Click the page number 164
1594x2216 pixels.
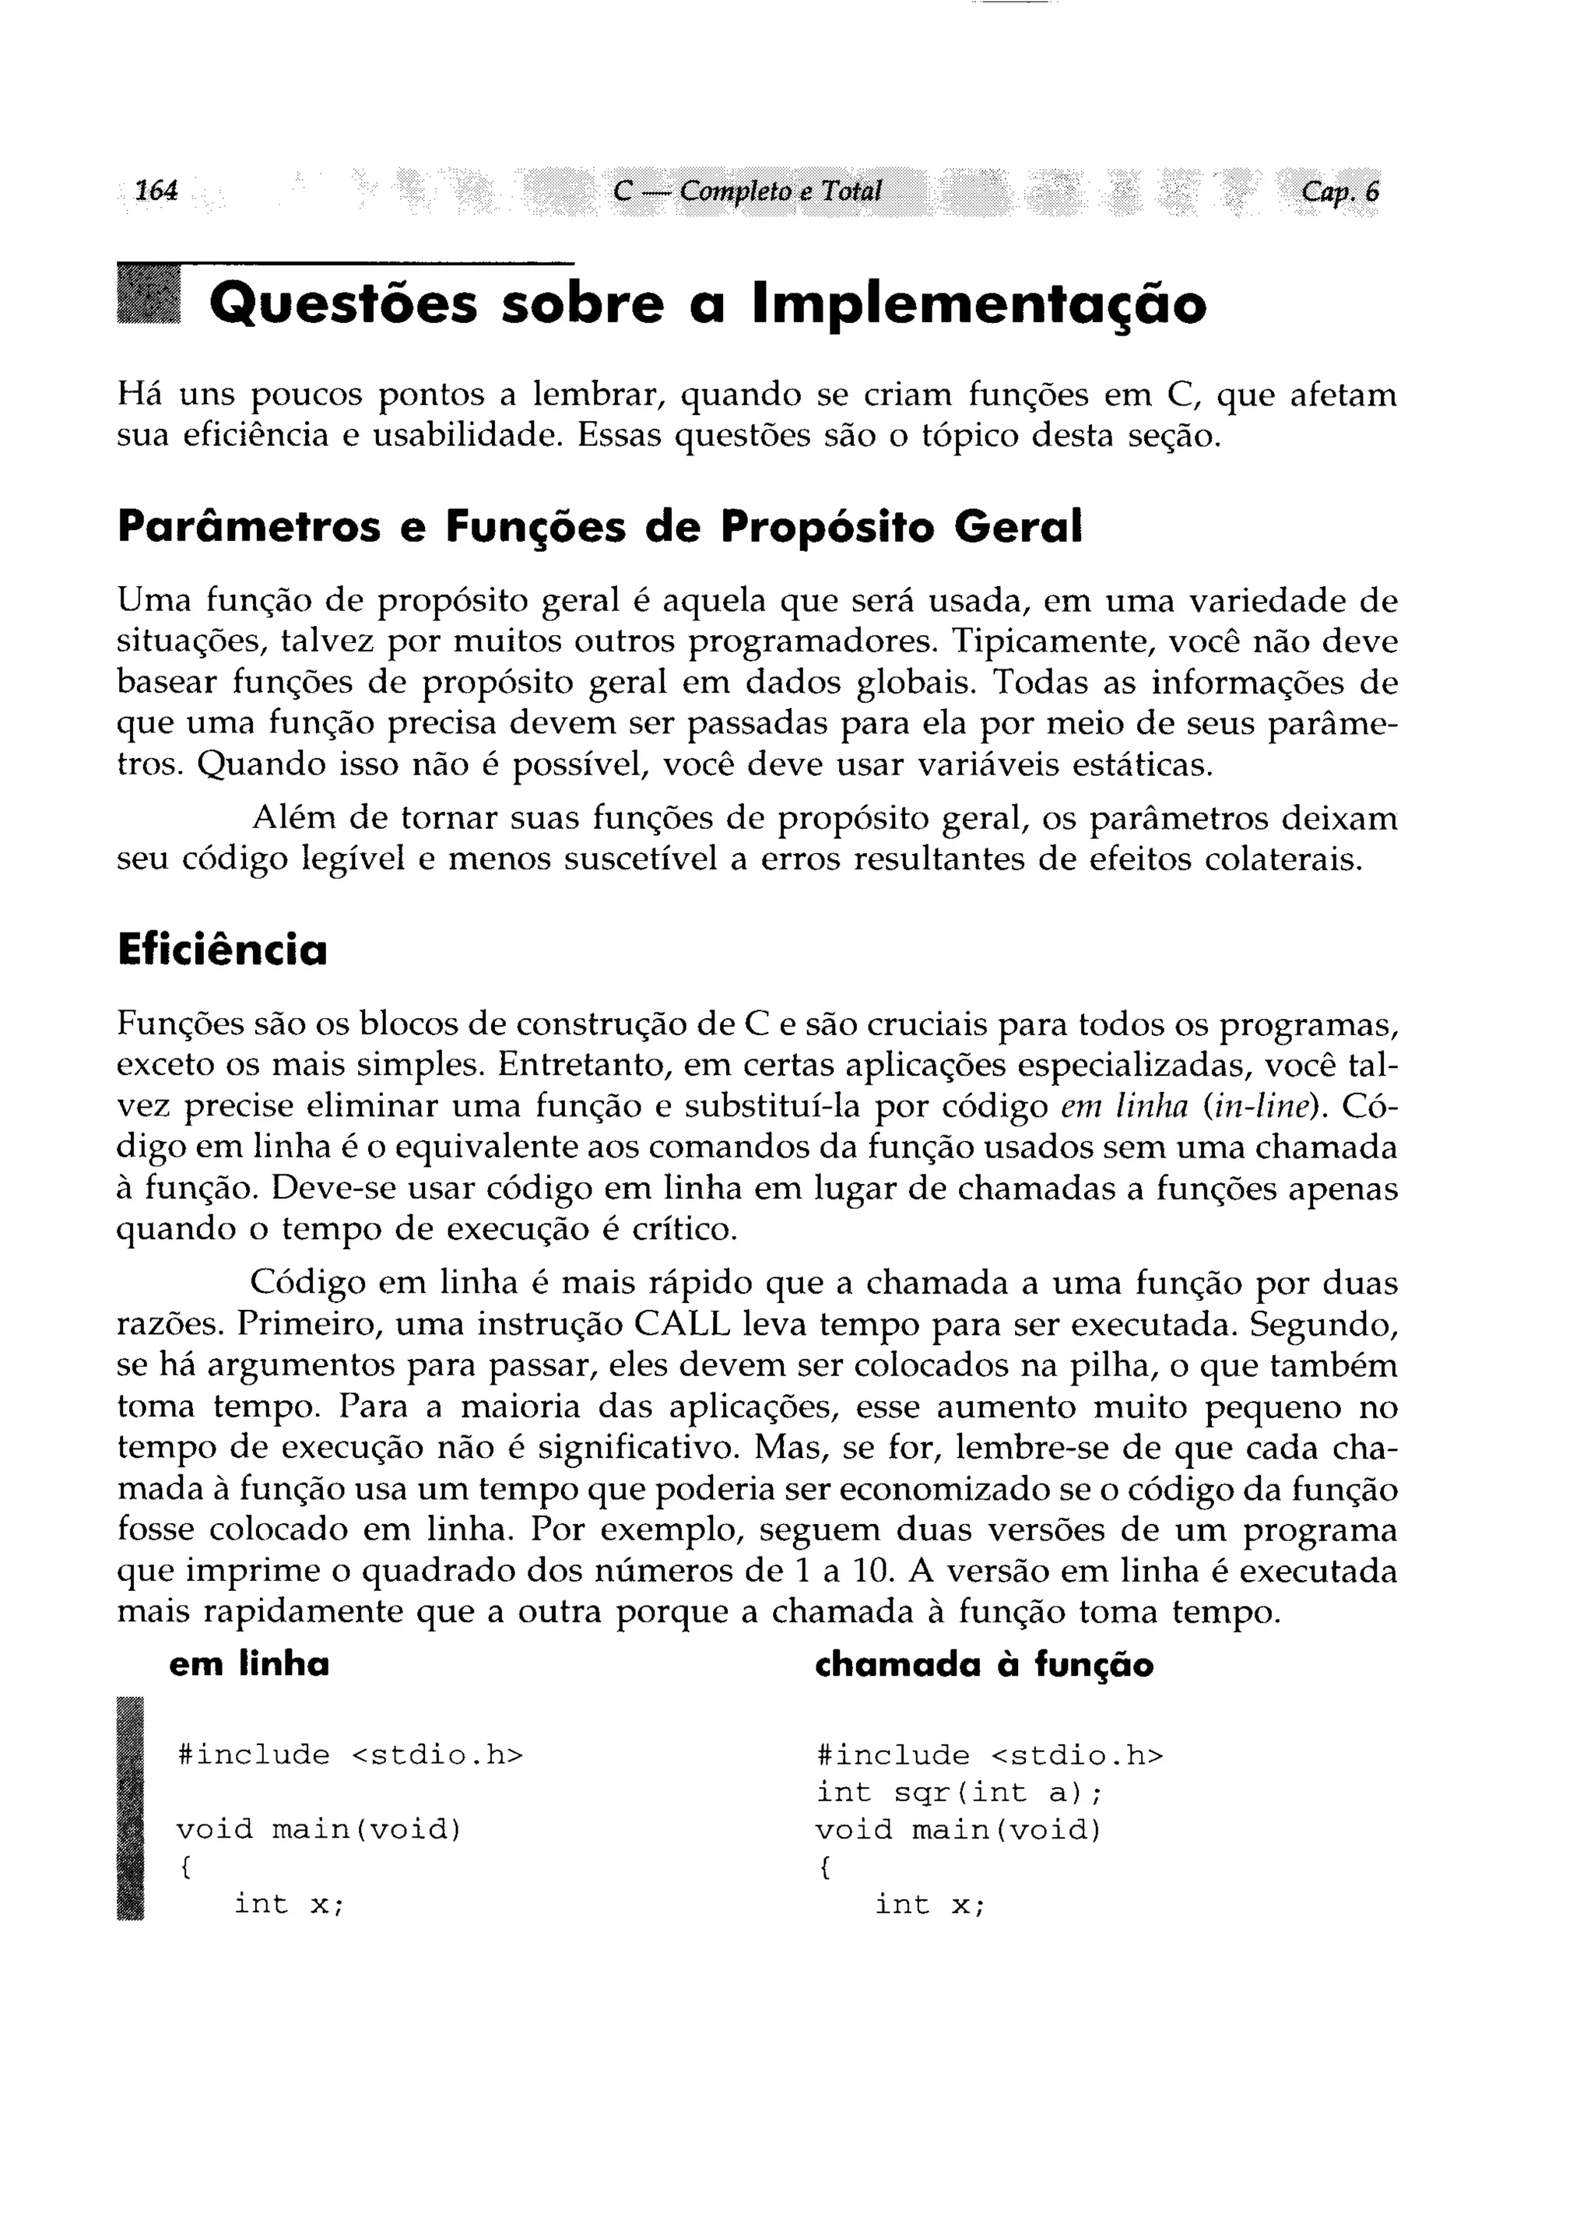coord(156,191)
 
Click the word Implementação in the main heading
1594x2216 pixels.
coord(979,305)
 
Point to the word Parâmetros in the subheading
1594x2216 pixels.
coord(248,528)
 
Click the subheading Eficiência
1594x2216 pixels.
coord(222,950)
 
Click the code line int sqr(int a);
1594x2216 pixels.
coord(960,1793)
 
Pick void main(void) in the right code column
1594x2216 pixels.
coord(958,1830)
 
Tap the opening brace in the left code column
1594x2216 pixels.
coord(184,1867)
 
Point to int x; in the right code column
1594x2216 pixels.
coord(929,1905)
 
